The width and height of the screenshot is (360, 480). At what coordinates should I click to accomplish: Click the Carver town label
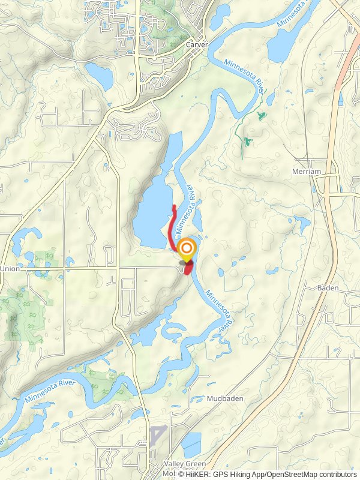click(x=196, y=45)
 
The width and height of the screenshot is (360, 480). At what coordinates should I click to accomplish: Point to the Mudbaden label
click(x=223, y=399)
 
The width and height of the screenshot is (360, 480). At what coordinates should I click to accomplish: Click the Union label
click(x=10, y=268)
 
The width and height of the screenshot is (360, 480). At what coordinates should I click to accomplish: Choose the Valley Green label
click(x=185, y=464)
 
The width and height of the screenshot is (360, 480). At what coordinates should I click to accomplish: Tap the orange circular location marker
click(x=187, y=248)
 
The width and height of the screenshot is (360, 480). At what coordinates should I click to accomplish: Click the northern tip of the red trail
click(x=174, y=207)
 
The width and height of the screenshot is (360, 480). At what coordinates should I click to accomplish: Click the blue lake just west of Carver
click(x=99, y=75)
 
